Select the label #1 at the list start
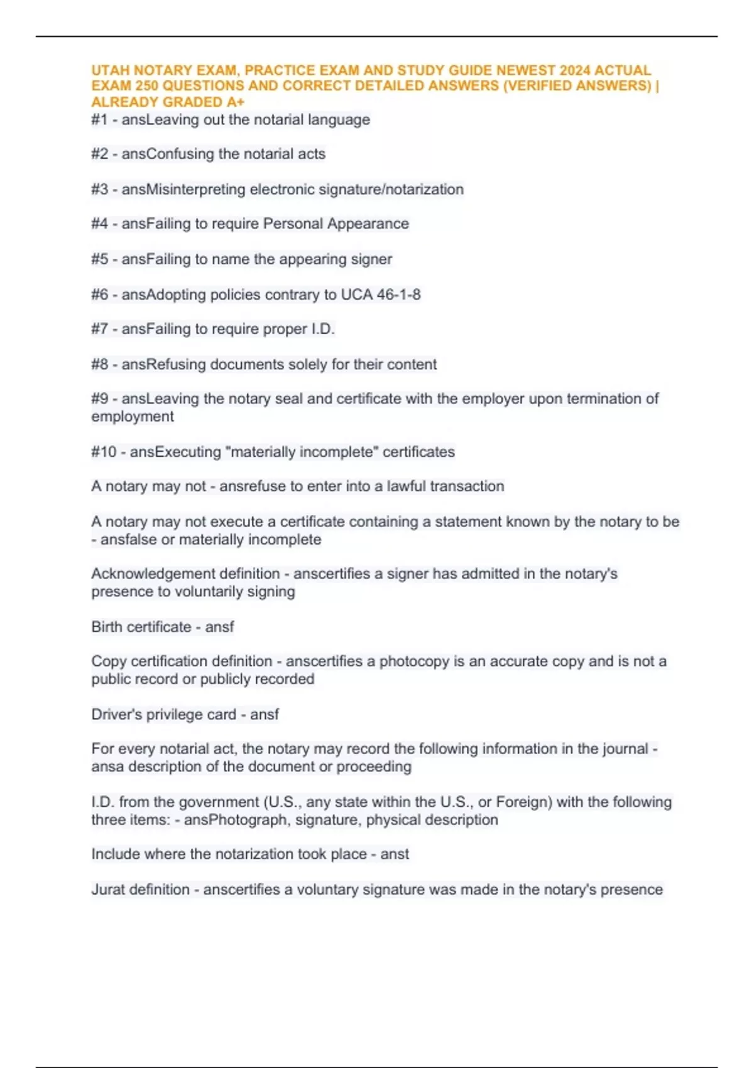(x=99, y=120)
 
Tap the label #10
(x=104, y=452)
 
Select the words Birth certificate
(x=141, y=626)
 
